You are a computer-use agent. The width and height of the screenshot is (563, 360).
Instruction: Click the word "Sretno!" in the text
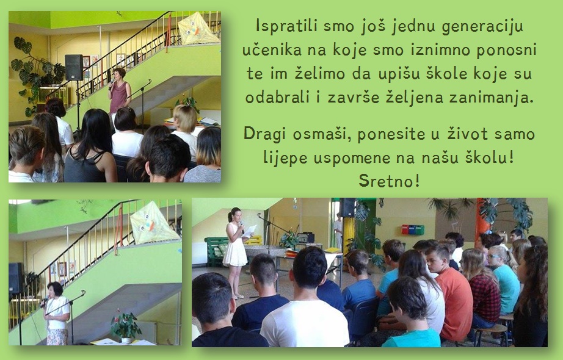pyautogui.click(x=389, y=181)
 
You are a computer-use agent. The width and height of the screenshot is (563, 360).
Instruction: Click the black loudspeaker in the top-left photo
pyautogui.click(x=74, y=67)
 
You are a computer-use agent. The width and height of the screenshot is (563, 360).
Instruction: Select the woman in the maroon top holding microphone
pyautogui.click(x=119, y=93)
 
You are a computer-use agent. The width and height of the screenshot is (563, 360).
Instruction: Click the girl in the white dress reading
pyautogui.click(x=236, y=251)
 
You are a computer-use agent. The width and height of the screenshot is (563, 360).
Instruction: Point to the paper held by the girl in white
pyautogui.click(x=250, y=231)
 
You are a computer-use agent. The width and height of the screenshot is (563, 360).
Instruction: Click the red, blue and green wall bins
pyautogui.click(x=413, y=229)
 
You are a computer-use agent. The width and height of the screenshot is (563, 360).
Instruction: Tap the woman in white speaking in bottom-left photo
pyautogui.click(x=56, y=313)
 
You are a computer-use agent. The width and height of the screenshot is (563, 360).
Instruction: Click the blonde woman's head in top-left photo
pyautogui.click(x=185, y=119)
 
